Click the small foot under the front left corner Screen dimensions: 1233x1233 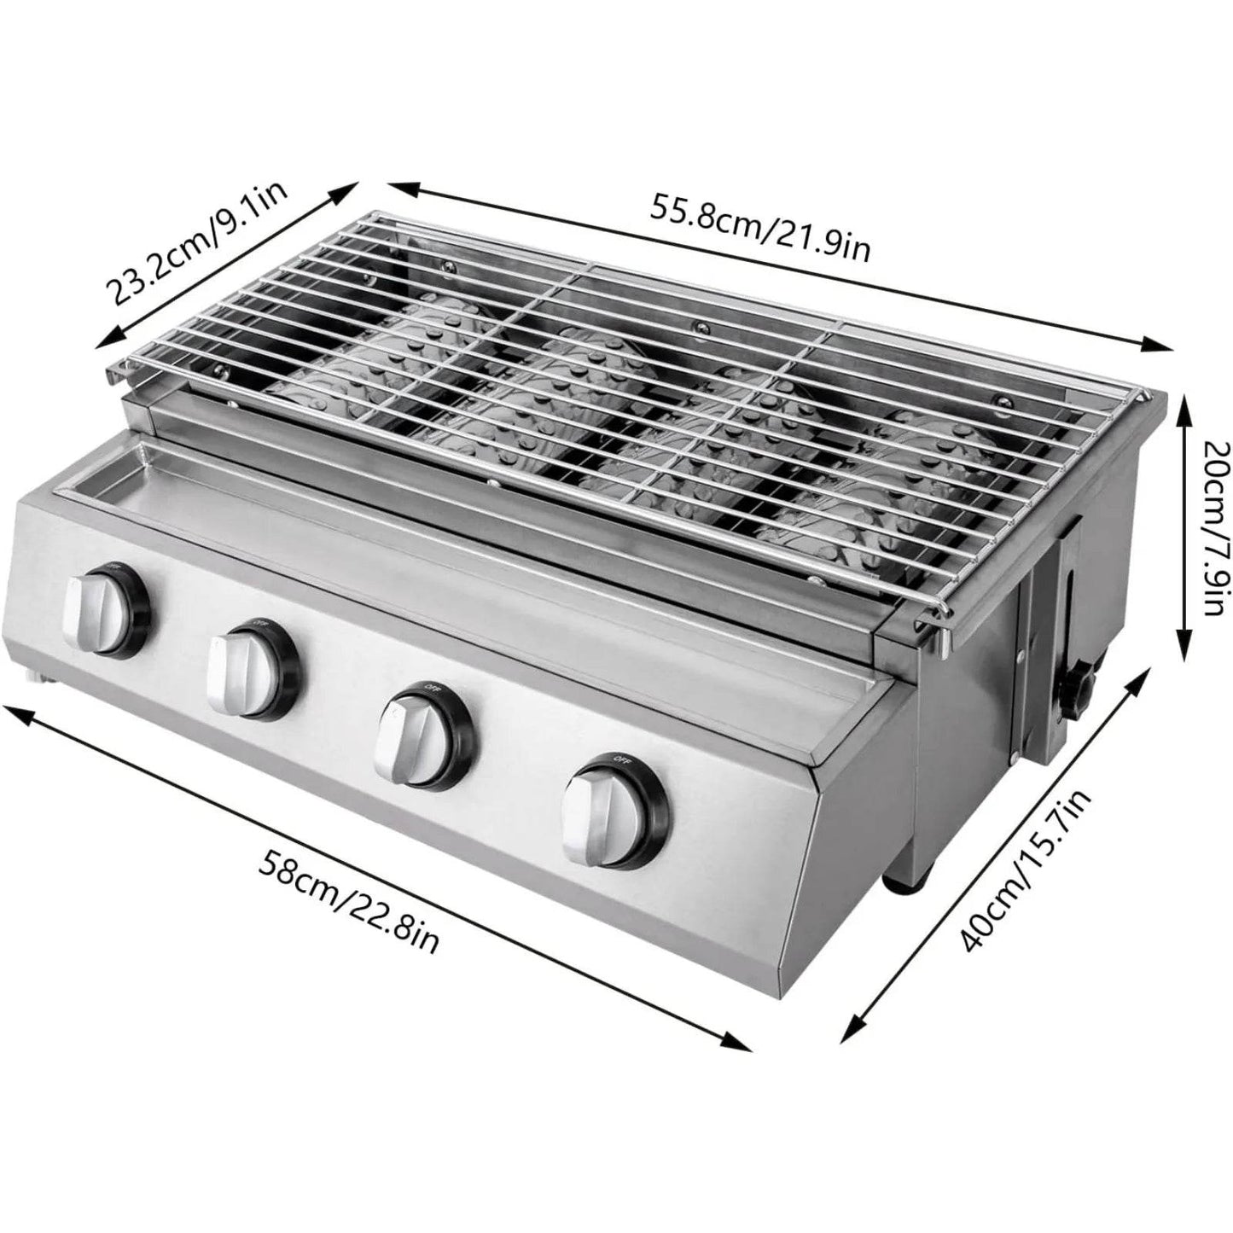pyautogui.click(x=36, y=678)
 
